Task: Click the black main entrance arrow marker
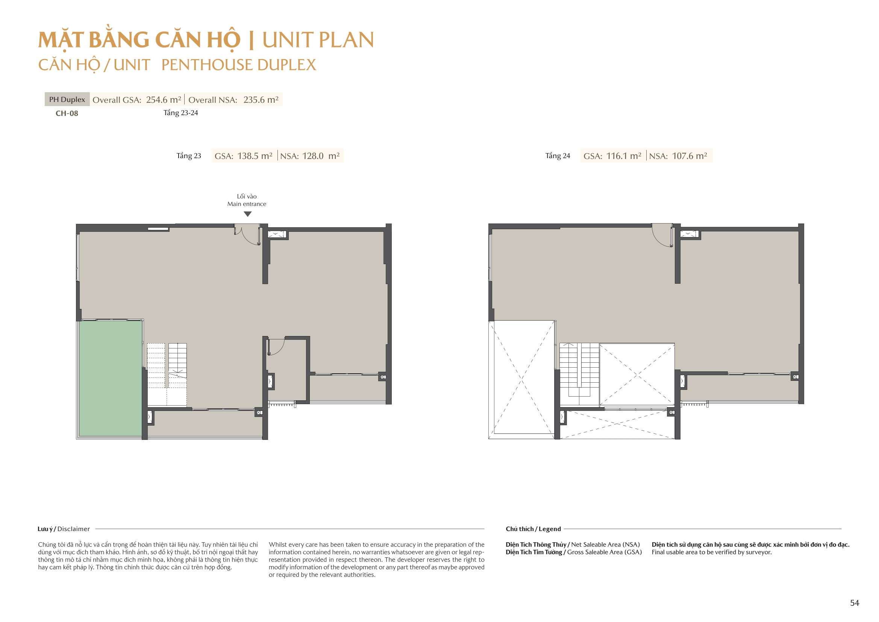click(x=248, y=214)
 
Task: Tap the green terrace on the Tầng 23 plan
click(x=110, y=378)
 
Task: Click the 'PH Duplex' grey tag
click(x=67, y=99)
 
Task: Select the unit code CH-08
click(x=67, y=113)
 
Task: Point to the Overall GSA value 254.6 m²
click(x=164, y=100)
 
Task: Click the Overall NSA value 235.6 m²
click(x=261, y=100)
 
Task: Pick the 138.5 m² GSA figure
click(x=255, y=156)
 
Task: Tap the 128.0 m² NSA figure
click(x=321, y=156)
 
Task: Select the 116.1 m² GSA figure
click(x=624, y=156)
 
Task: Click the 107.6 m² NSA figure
click(x=690, y=156)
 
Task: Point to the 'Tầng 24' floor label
click(x=558, y=156)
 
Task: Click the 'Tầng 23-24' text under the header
click(x=181, y=113)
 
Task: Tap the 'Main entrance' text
click(x=247, y=204)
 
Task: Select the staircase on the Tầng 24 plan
click(x=579, y=374)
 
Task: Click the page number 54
click(x=855, y=603)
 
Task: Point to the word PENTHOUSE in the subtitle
click(x=207, y=65)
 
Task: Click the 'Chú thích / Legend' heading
click(x=533, y=529)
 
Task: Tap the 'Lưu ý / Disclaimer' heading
click(x=64, y=529)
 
